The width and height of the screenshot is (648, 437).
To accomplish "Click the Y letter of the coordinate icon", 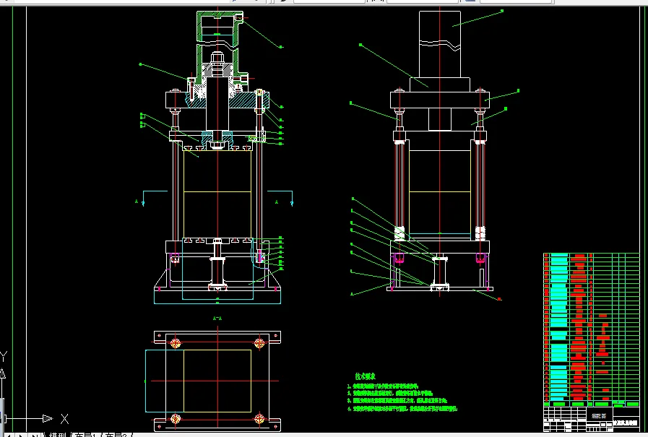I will (4, 356).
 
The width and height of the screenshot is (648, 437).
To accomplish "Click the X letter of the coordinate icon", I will (65, 418).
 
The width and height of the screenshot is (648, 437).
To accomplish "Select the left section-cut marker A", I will (137, 200).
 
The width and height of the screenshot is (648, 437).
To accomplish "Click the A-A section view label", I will (216, 318).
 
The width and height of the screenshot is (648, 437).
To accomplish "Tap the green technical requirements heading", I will (365, 376).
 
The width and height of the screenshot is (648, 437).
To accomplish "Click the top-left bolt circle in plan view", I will (174, 342).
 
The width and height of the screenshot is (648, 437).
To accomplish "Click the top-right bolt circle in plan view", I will (258, 342).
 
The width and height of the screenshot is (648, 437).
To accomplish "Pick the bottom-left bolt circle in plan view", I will (174, 419).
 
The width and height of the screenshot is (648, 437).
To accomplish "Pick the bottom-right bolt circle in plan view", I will (258, 419).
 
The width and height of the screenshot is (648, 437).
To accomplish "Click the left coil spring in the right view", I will (399, 234).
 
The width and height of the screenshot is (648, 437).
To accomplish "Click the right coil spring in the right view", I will (480, 234).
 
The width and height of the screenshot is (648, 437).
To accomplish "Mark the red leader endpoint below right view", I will (499, 298).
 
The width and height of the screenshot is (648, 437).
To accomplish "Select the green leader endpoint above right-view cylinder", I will (501, 11).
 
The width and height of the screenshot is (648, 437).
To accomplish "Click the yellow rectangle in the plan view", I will (217, 380).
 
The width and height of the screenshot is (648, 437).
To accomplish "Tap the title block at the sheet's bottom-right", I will (591, 419).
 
